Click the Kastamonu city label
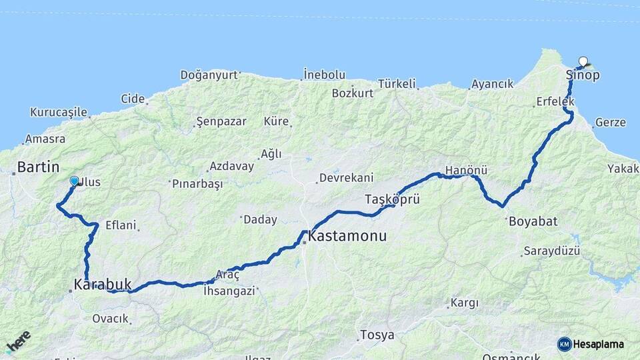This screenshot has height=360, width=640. coord(347,237)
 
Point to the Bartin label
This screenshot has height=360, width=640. coord(38,167)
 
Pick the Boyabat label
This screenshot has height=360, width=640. coord(533,221)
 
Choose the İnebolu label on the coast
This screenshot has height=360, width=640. coord(324,74)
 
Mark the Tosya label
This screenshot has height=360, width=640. coord(377,335)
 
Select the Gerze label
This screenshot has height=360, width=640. coord(610,123)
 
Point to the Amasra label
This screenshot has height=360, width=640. coord(45,139)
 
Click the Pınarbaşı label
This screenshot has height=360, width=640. coord(197,183)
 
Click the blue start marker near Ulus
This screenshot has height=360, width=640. coord(75,181)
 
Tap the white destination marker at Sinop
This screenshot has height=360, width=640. coord(583,62)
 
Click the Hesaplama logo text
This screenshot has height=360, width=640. coord(598,345)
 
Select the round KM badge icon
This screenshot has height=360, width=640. coord(565,345)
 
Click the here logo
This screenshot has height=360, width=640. coord(18,341)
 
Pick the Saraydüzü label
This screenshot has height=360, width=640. coord(551,251)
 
